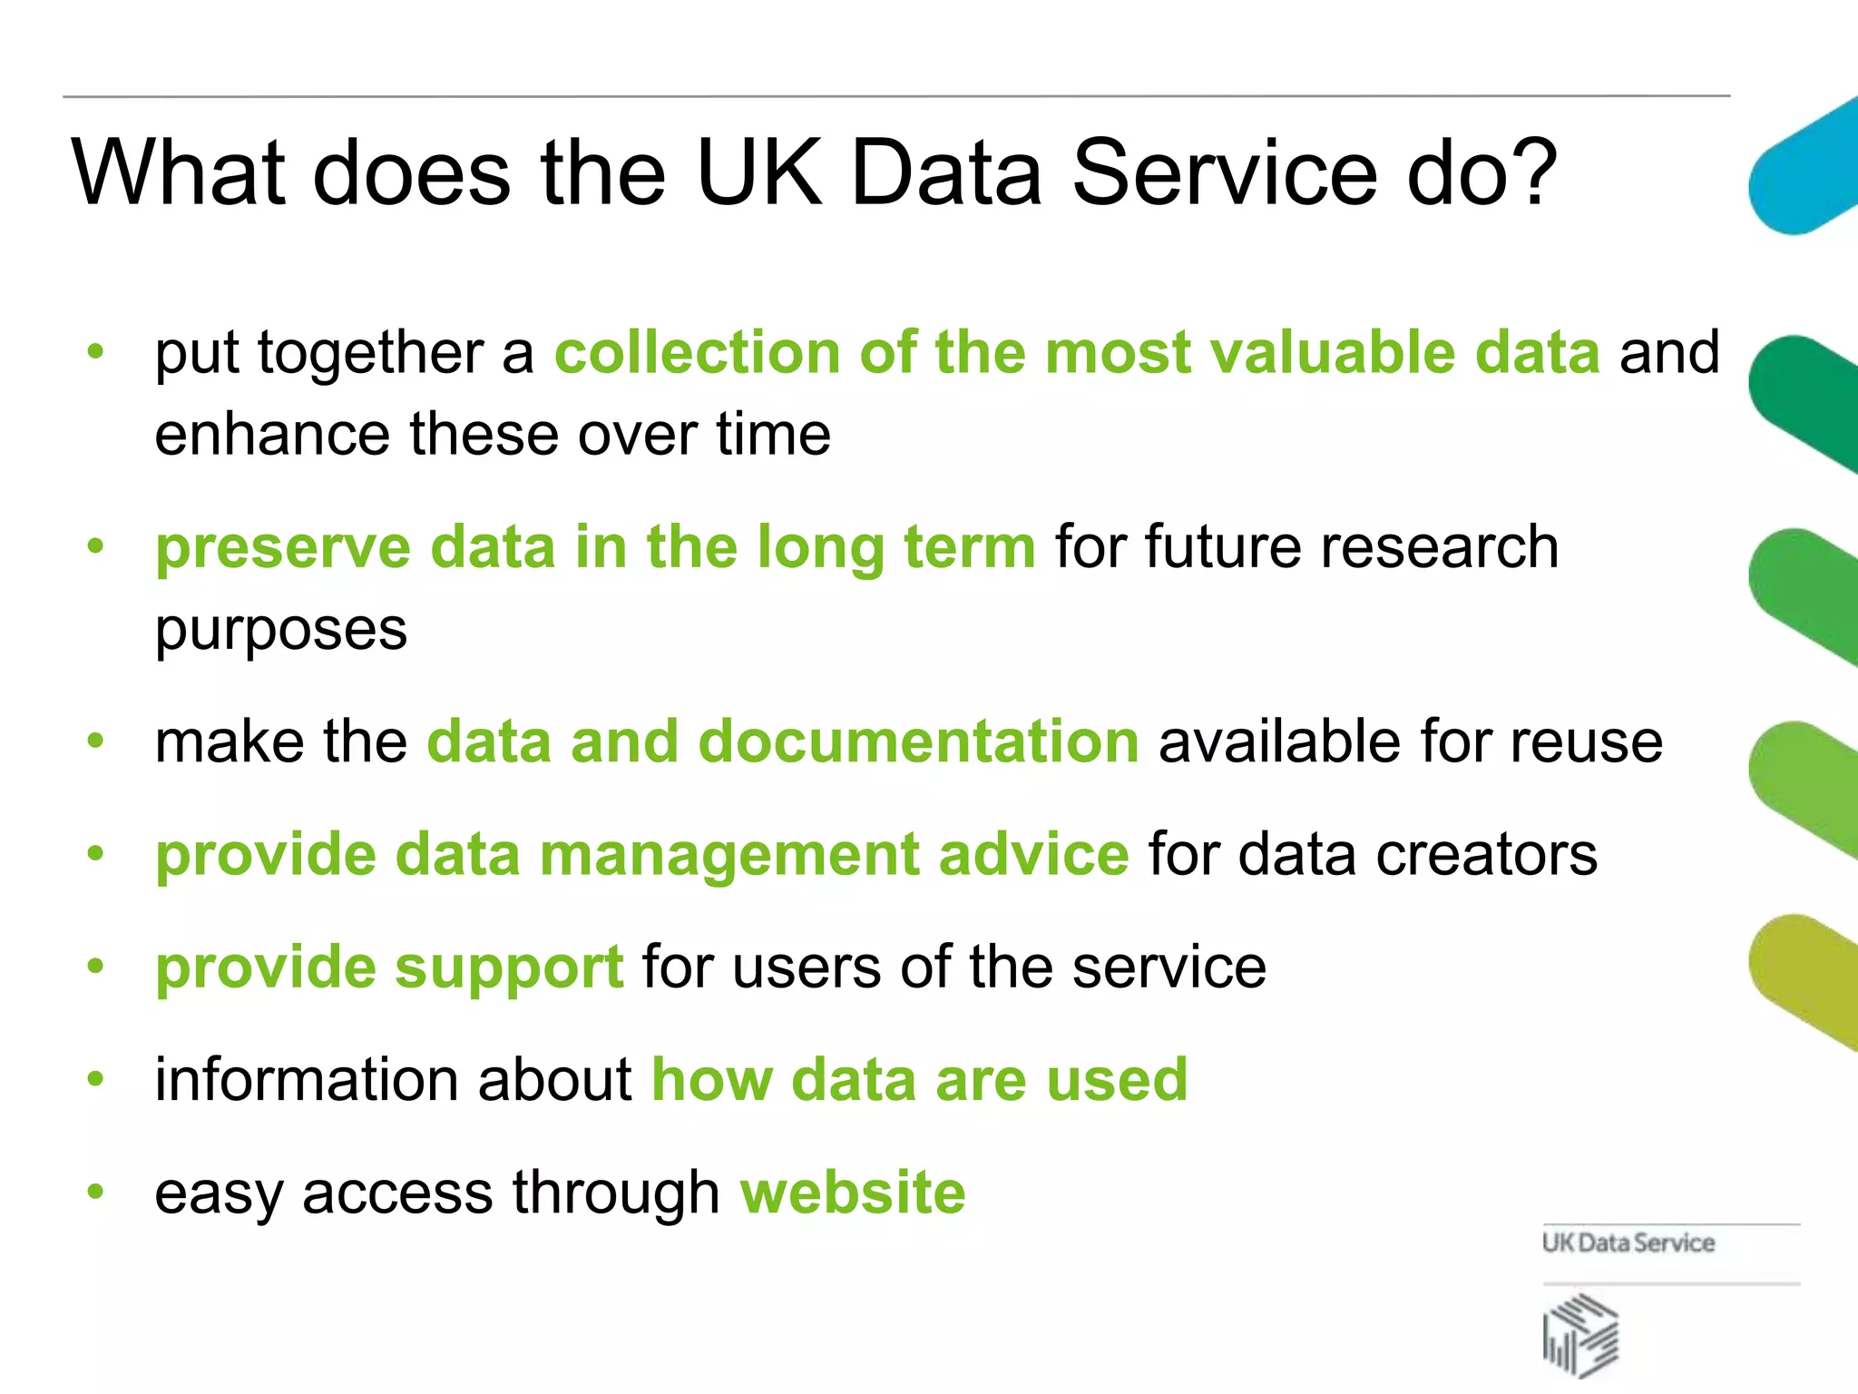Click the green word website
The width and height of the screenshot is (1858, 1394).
tap(853, 1193)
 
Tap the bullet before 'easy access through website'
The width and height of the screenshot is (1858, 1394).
tap(95, 1191)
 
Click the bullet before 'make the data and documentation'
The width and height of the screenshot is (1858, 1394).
tap(95, 741)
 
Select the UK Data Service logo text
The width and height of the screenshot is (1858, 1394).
tap(1628, 1243)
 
